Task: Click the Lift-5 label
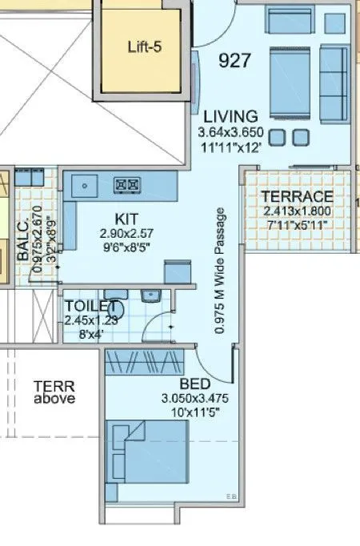(x=145, y=47)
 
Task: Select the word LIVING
(x=230, y=116)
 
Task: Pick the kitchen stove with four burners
(x=127, y=185)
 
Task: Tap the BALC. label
(x=23, y=239)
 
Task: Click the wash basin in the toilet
(x=150, y=296)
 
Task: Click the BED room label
(x=194, y=383)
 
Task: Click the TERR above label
(x=54, y=391)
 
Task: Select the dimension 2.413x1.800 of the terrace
(x=298, y=211)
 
